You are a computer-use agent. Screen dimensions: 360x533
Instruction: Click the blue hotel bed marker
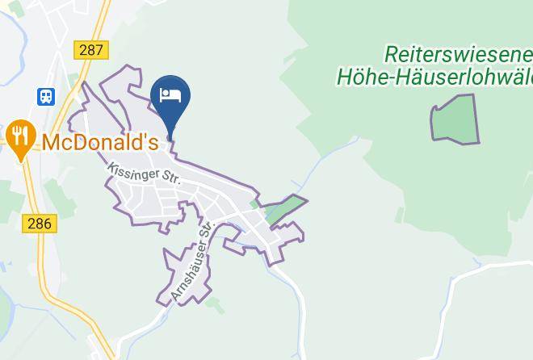point(170,99)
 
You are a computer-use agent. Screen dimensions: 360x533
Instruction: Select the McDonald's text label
point(99,143)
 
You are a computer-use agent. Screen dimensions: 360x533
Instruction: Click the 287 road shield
point(91,50)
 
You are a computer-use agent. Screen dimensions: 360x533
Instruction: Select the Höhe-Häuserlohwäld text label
point(434,77)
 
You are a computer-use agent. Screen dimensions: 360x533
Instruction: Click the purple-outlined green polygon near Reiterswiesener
point(455,120)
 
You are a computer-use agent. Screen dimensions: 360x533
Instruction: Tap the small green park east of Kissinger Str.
point(285,208)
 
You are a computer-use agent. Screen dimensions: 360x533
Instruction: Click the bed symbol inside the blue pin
point(170,94)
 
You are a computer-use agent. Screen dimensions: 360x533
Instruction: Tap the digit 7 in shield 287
point(99,50)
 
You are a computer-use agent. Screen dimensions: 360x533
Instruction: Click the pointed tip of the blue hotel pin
point(170,138)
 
